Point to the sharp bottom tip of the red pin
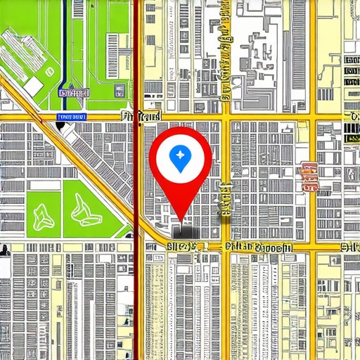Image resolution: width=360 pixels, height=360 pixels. (x=181, y=224)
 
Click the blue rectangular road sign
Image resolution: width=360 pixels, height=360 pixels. (x=72, y=116)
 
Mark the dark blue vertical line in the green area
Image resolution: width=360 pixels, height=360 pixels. (x=65, y=42)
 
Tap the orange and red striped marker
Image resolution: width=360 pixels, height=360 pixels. (x=308, y=177)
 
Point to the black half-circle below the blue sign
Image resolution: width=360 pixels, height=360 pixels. (x=60, y=126)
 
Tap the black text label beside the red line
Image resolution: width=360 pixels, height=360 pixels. (x=142, y=115)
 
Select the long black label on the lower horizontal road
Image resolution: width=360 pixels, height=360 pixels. (x=257, y=247)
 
